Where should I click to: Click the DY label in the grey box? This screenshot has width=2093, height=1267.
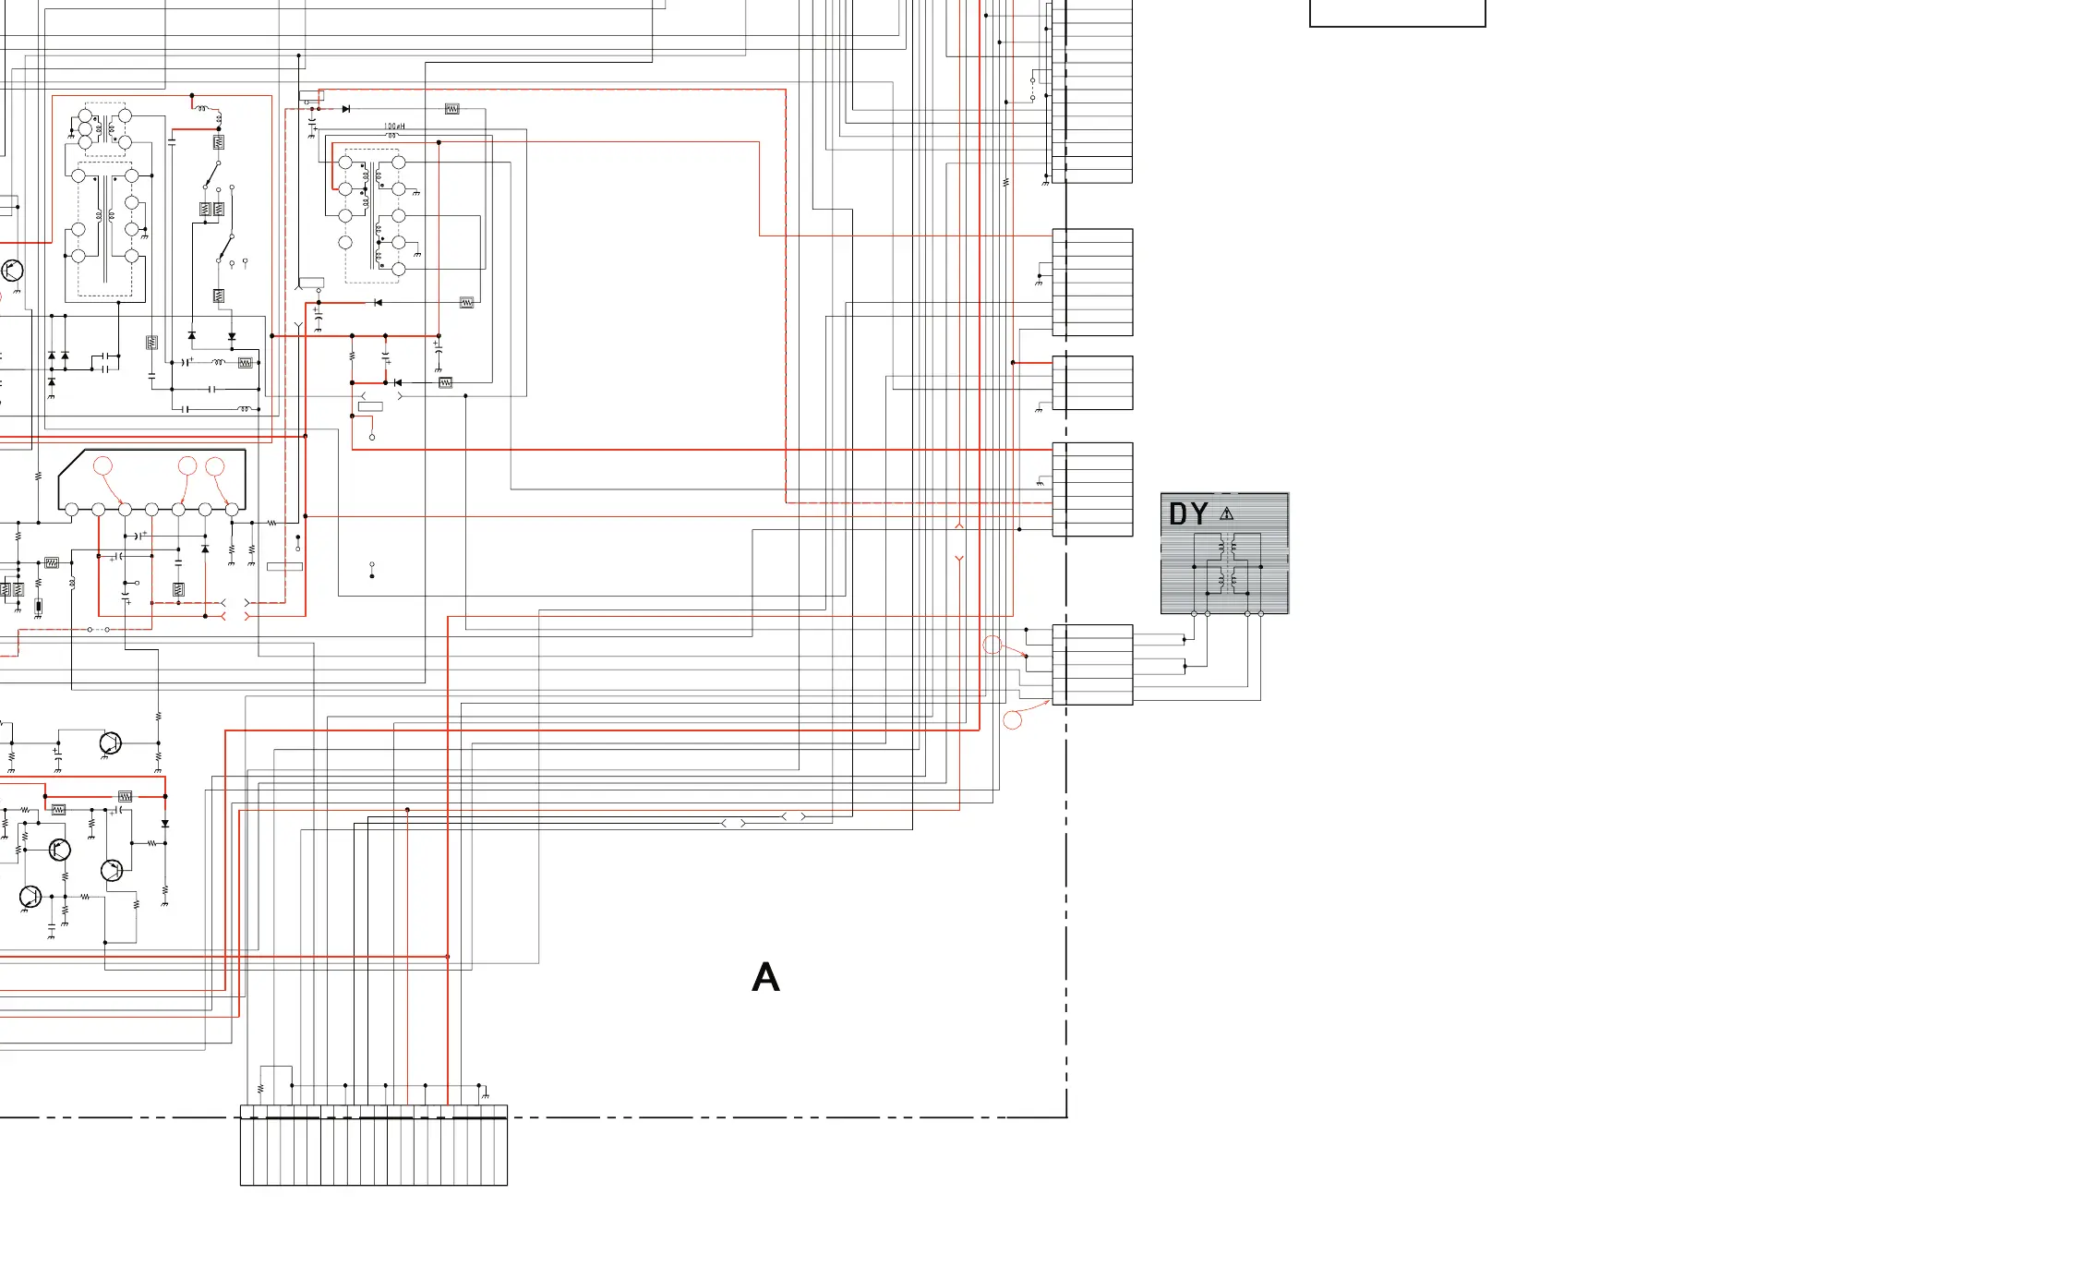[1188, 513]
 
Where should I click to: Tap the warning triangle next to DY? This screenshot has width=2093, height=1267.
[1226, 513]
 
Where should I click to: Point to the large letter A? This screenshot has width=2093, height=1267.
[765, 977]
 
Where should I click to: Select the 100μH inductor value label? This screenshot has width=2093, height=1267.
[394, 127]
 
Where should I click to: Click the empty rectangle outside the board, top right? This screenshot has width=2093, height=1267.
[1397, 13]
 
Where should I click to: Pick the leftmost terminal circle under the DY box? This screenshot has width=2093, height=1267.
[1194, 613]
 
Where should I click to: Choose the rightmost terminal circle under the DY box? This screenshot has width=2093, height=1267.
[1261, 613]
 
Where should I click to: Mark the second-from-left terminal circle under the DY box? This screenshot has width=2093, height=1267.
[1208, 613]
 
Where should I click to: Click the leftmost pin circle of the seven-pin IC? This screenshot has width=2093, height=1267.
[72, 509]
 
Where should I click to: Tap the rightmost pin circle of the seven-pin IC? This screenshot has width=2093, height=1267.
[232, 509]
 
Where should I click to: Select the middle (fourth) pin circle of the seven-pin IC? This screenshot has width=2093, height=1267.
[151, 509]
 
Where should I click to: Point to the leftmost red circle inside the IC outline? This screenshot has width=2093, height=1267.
[102, 465]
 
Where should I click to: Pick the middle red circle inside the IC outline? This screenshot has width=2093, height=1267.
[187, 465]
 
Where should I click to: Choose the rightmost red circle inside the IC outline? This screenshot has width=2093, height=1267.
[215, 465]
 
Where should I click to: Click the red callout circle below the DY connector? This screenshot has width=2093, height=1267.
[1013, 719]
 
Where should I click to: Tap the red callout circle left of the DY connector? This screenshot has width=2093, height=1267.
[992, 645]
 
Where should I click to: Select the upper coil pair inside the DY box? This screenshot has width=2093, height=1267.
[1227, 548]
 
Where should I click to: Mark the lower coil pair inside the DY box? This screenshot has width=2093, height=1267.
[1227, 580]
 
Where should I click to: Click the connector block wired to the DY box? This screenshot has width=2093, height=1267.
[1093, 665]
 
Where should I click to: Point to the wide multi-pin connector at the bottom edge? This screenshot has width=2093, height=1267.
[374, 1145]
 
